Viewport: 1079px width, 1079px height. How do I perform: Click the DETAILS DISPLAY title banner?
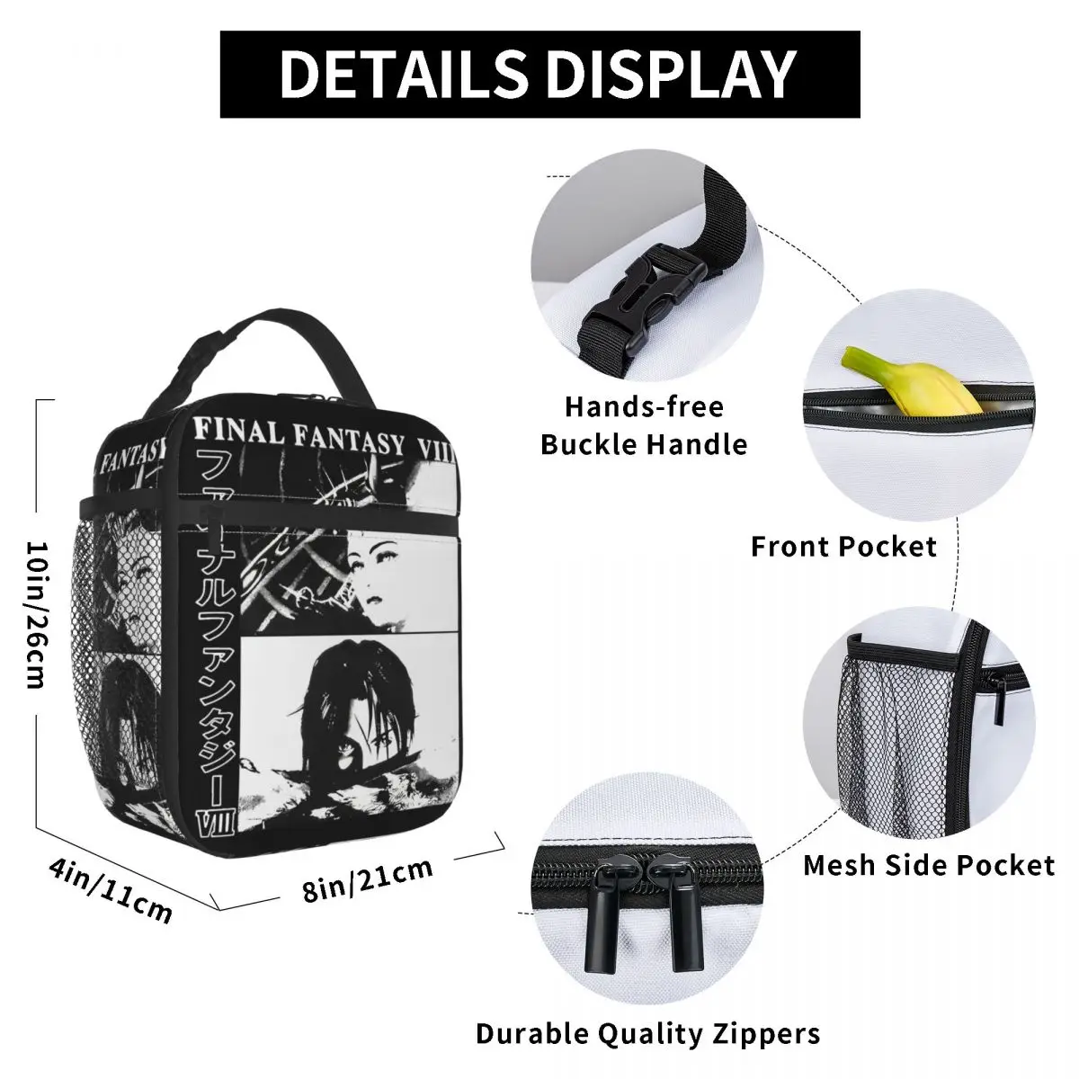point(539,74)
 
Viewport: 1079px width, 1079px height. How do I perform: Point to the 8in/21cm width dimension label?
point(368,879)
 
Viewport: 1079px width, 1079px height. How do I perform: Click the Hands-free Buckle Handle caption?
point(644,424)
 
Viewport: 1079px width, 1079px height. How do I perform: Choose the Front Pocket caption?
point(843,546)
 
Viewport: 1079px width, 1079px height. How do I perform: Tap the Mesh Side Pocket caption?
point(928,865)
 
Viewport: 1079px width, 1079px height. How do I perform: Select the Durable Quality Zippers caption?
point(647,1033)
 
